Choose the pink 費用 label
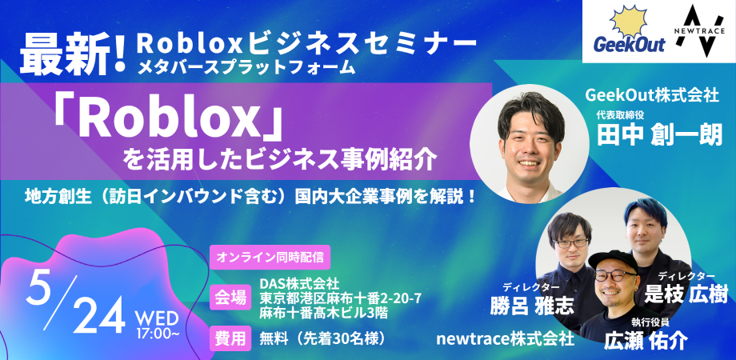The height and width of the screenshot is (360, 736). [x=230, y=338]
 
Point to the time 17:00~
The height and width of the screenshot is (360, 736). [x=161, y=329]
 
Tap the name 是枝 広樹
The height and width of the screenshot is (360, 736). [x=686, y=294]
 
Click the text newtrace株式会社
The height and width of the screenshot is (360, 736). [x=505, y=339]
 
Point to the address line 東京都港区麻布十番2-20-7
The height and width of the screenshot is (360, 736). [x=341, y=298]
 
